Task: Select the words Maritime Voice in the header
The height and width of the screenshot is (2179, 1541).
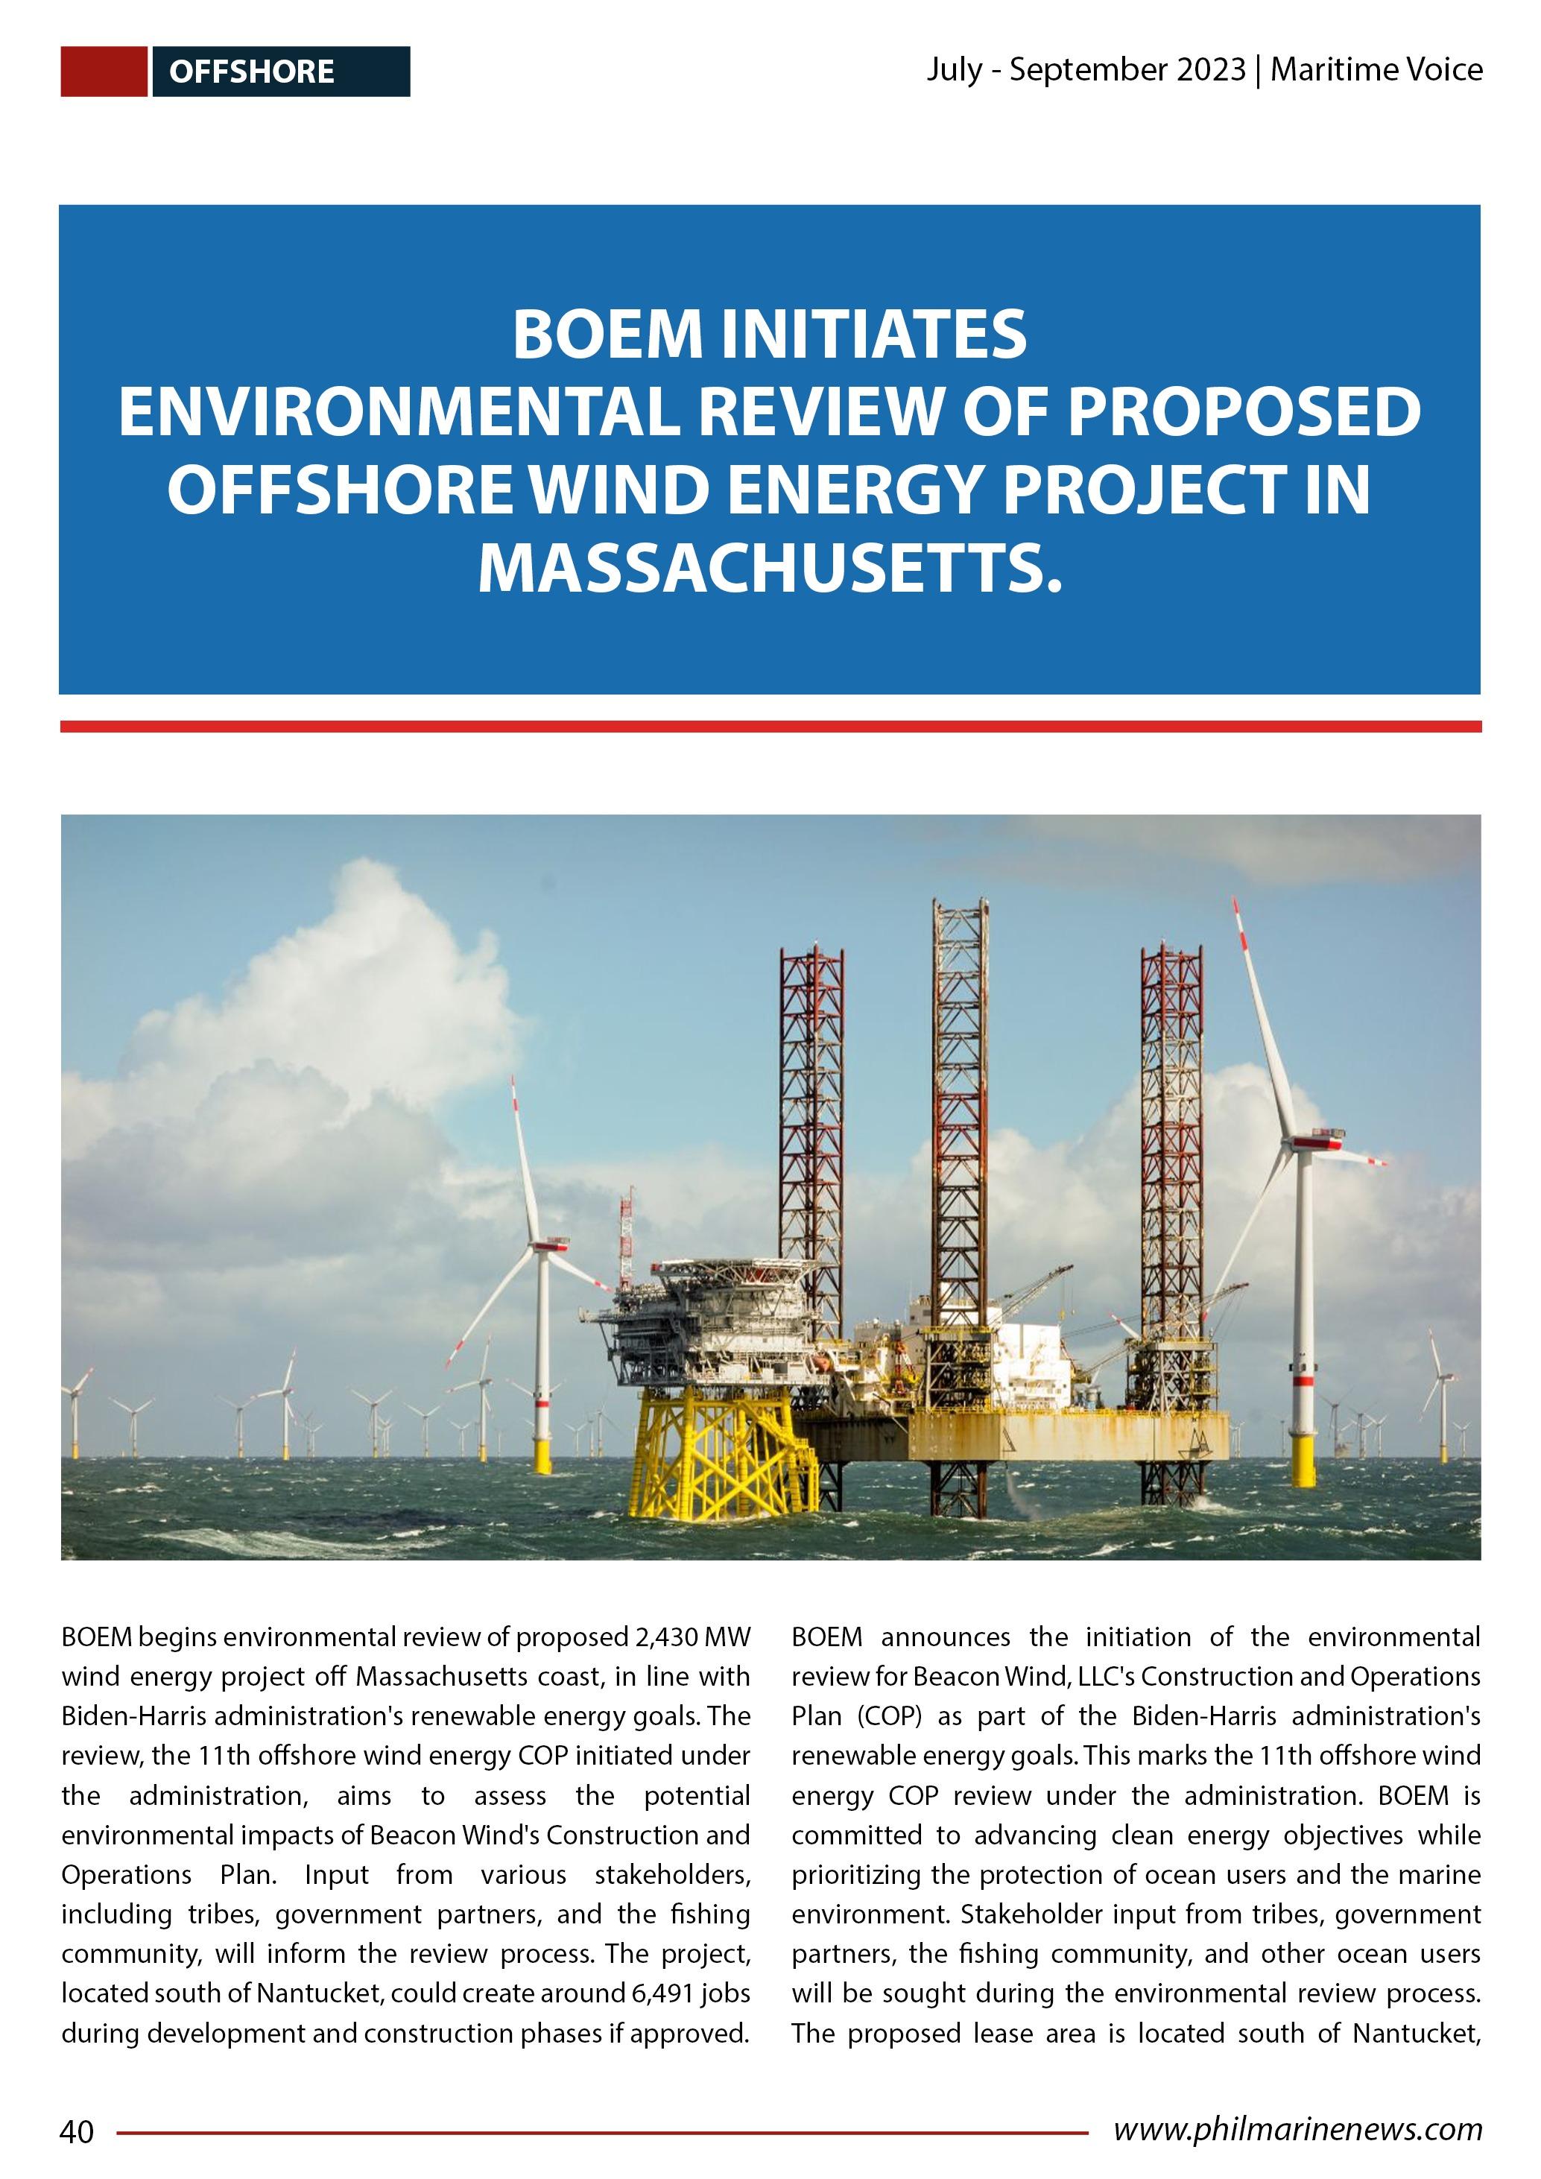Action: pyautogui.click(x=1376, y=70)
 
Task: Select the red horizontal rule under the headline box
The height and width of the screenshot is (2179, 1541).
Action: pyautogui.click(x=770, y=727)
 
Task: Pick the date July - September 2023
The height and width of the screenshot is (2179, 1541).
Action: pyautogui.click(x=1086, y=70)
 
